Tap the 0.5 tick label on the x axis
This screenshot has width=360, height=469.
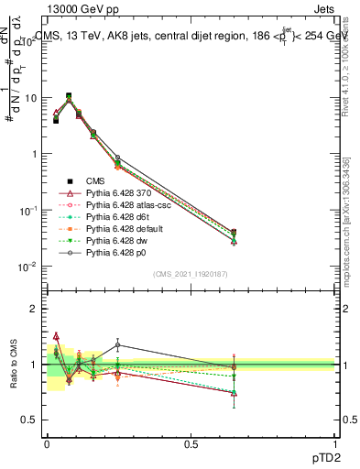coord(191,444)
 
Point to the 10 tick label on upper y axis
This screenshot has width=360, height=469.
coord(29,98)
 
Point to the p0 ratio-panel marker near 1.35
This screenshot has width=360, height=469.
coord(117,345)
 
